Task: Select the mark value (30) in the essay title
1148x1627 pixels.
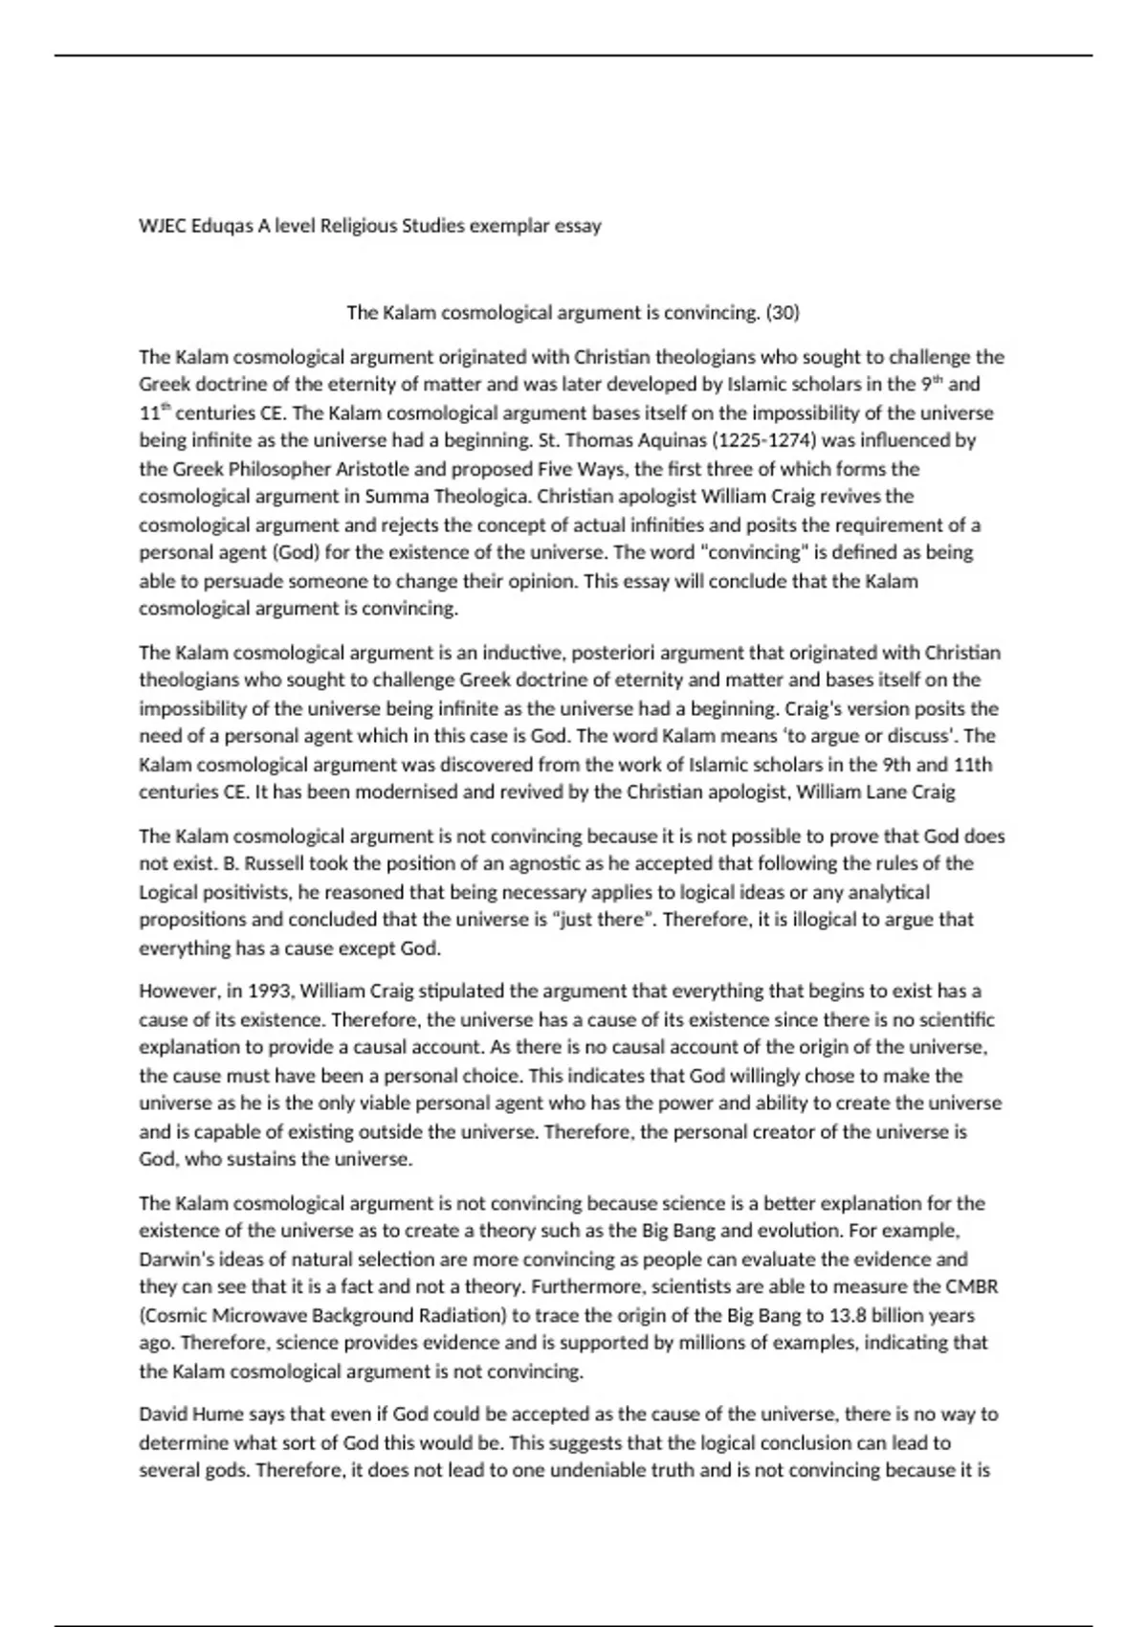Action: tap(782, 312)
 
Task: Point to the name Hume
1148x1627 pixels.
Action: tap(218, 1415)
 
